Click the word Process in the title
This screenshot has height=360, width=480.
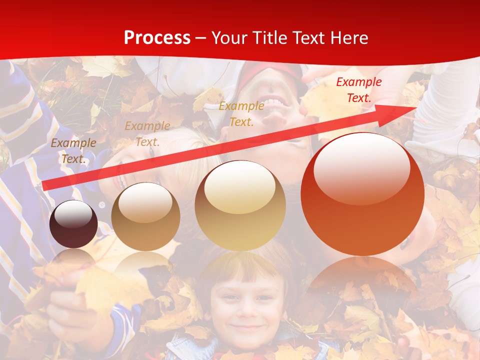tap(157, 38)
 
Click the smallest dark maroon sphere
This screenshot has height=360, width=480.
tap(73, 224)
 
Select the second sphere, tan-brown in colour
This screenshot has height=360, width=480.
tap(145, 216)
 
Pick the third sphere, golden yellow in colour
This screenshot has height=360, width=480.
tap(240, 205)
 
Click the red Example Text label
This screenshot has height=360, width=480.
tap(358, 90)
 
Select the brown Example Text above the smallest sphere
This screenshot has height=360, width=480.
tap(73, 150)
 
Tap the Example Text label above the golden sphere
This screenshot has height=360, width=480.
tap(241, 113)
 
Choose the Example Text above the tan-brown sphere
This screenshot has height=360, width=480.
tap(147, 133)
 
